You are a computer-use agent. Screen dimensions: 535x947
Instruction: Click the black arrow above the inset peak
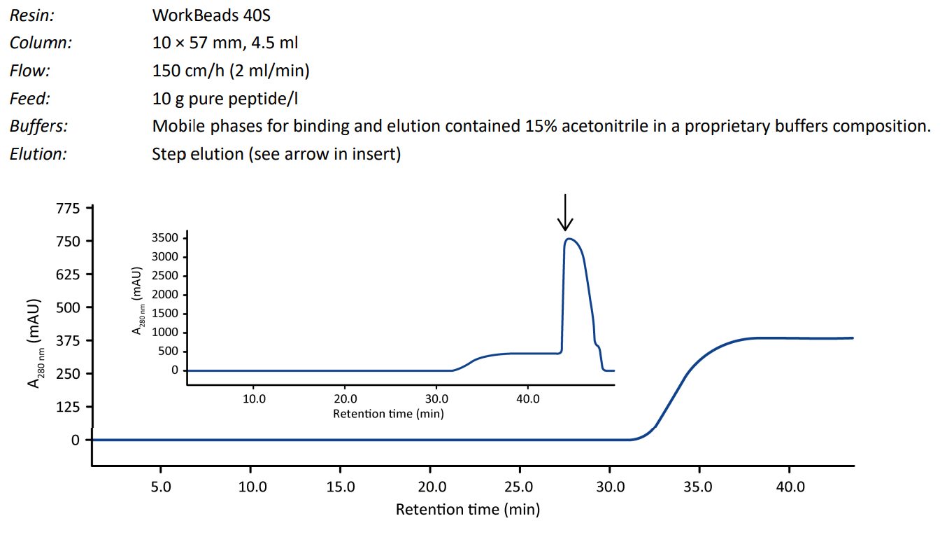point(565,213)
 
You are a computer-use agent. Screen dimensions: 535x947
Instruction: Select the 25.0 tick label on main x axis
point(520,486)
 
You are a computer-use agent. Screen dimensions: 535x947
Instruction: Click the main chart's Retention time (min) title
point(467,509)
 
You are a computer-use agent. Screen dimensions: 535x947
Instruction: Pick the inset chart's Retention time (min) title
point(388,413)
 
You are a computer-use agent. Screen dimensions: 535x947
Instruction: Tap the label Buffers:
point(38,126)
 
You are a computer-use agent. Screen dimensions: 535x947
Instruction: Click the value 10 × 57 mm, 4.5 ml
point(225,42)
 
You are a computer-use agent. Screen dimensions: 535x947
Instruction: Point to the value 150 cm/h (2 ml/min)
point(231,70)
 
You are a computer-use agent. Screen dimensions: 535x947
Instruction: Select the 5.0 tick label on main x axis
point(161,486)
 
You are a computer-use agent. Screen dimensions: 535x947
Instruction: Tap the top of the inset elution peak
point(570,239)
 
